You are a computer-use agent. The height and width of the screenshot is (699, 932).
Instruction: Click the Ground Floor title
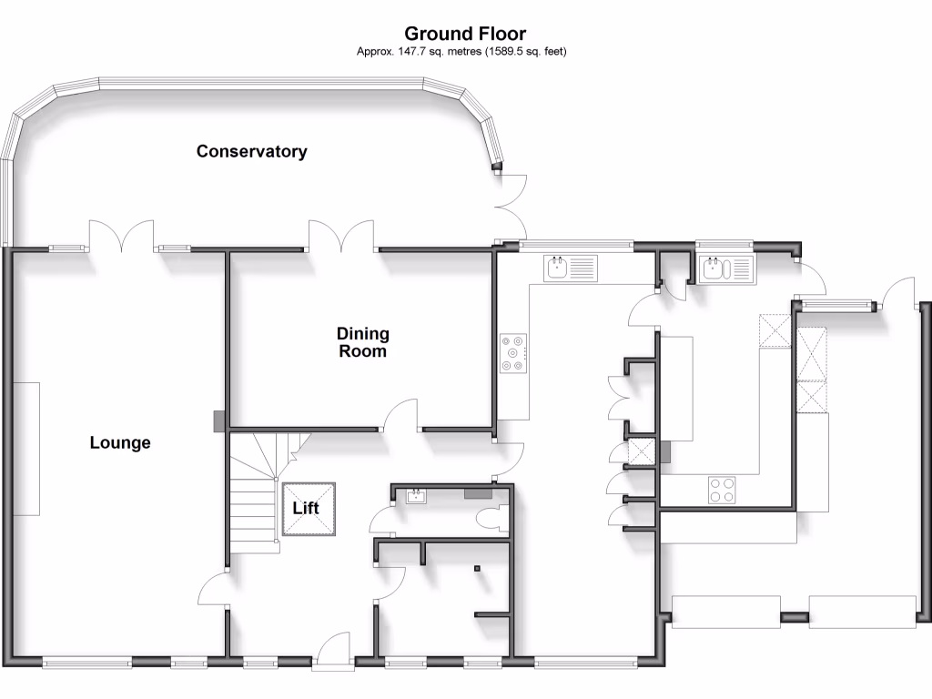click(x=465, y=34)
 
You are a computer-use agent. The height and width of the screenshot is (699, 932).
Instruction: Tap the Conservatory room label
click(x=252, y=151)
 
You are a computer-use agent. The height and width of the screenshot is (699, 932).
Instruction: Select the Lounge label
click(x=120, y=443)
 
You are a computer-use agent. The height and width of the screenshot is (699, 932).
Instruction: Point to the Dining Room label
click(x=363, y=342)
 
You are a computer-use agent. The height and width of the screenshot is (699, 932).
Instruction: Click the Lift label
click(x=306, y=508)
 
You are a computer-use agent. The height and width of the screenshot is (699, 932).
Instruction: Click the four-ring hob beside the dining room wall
click(x=514, y=353)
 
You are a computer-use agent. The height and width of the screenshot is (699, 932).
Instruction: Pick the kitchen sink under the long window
click(x=572, y=267)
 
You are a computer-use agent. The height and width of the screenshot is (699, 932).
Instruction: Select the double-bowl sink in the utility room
click(x=727, y=268)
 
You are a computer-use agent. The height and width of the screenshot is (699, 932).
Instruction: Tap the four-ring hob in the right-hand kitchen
click(x=723, y=490)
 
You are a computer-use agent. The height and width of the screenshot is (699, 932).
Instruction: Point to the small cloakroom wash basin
click(x=417, y=496)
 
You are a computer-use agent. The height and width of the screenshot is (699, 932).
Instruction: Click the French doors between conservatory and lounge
click(x=126, y=235)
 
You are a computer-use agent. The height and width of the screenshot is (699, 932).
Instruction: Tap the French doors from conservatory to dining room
click(x=340, y=234)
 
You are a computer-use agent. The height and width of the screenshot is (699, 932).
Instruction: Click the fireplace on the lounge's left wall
click(x=27, y=448)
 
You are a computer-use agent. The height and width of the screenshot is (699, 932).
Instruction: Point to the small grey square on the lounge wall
click(x=218, y=421)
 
